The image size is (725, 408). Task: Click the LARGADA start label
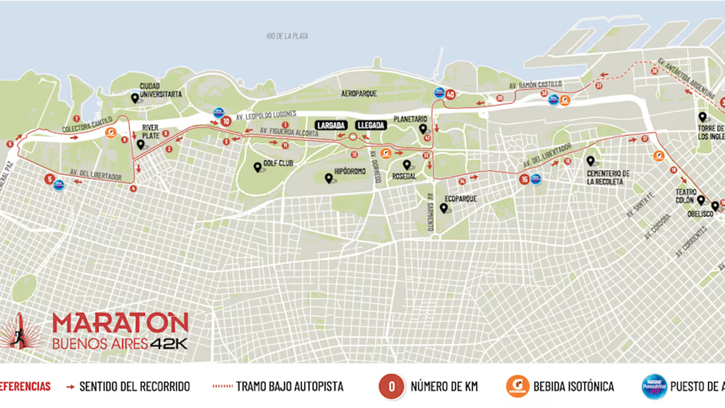point(330,125)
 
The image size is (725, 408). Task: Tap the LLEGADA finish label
point(370,125)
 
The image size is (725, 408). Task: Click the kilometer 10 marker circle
point(226,121)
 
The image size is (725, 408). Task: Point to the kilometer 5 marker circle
point(49,179)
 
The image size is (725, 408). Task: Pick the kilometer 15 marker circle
point(524,179)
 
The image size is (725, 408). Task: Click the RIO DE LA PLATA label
point(287,36)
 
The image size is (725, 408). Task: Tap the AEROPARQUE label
point(359,94)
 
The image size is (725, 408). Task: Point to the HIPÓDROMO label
point(350,172)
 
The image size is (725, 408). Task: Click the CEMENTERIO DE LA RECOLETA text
point(608,177)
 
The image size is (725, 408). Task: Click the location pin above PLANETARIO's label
point(423,129)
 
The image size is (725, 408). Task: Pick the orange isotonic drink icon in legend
point(518,386)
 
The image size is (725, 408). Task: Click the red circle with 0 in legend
point(391,386)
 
